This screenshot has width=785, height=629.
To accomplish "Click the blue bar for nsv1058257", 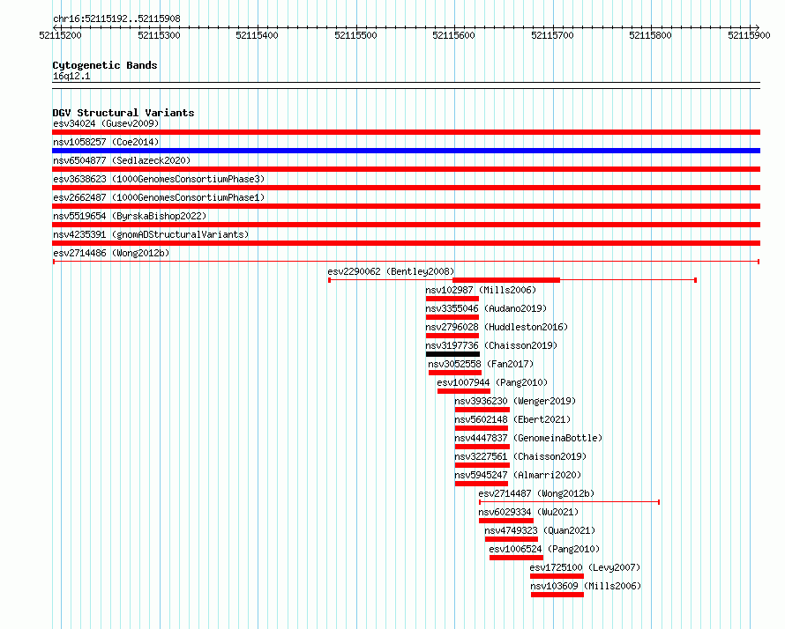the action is coord(406,151).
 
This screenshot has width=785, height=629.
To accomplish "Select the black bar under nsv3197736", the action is coord(452,354).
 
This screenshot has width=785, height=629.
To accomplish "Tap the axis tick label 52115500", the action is coord(355,35).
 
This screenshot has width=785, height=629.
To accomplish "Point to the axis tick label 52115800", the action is coord(650,35).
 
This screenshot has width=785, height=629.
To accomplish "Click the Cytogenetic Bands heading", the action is coord(105,65).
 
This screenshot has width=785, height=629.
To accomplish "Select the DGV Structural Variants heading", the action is coord(123,113).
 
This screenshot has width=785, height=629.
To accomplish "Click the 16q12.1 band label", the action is coord(71,76).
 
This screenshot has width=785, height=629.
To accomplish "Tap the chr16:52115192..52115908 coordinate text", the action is coord(116,19).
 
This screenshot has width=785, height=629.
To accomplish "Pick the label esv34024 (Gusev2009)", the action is coord(106,123).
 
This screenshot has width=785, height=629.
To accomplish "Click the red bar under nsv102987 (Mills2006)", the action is coord(452,299).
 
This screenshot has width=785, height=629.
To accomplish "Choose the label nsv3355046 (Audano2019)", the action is coord(486,308).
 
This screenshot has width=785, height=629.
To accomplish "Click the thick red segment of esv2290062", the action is coord(506,280).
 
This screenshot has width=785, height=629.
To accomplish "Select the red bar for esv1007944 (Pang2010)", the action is coord(464,391).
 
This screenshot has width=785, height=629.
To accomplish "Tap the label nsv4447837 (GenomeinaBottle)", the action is coord(528,438).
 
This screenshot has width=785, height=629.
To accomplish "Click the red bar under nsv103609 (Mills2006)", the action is coord(557,595).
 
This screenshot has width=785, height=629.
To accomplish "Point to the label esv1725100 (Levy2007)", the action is coord(585,567).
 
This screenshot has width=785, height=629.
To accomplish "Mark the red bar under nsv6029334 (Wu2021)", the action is coord(506,521).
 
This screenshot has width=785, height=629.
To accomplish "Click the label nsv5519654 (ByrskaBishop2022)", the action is coord(130,216).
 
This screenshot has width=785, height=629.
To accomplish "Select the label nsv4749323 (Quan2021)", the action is coord(540,530).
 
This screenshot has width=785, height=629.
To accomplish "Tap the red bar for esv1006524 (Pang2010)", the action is coord(516,558).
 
